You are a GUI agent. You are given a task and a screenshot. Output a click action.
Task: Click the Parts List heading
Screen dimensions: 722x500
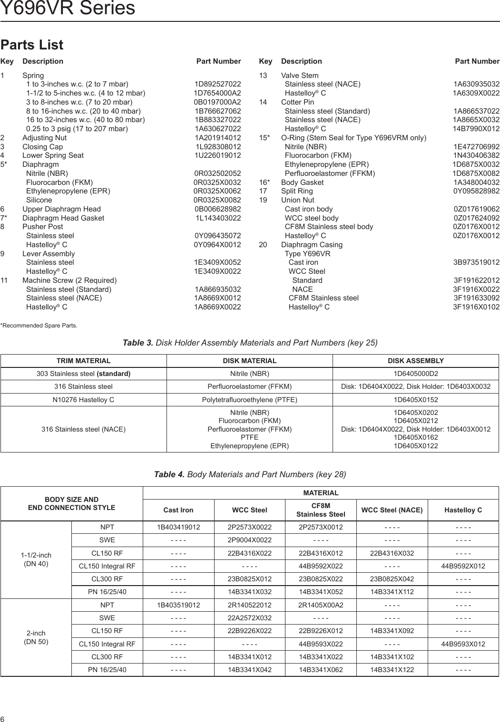pyautogui.click(x=31, y=45)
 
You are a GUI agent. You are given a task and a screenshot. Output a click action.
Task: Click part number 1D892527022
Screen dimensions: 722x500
pyautogui.click(x=217, y=84)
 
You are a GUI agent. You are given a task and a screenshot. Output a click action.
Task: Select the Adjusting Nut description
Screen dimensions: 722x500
pyautogui.click(x=45, y=138)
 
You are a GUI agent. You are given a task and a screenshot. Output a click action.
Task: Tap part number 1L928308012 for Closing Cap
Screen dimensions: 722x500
pyautogui.click(x=218, y=147)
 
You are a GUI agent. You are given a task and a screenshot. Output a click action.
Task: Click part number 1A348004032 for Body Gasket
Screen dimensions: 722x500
pyautogui.click(x=476, y=182)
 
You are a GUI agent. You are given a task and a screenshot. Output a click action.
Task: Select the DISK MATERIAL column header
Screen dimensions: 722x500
pyautogui.click(x=249, y=361)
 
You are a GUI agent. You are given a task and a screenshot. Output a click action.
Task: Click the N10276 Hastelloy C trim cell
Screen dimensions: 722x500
pyautogui.click(x=83, y=400)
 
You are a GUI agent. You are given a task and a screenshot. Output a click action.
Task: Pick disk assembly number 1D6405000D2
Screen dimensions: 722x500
pyautogui.click(x=416, y=374)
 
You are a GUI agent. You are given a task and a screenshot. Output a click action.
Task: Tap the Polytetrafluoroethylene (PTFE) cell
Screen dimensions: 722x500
pyautogui.click(x=249, y=400)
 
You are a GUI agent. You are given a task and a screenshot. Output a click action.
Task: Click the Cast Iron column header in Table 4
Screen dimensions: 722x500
pyautogui.click(x=178, y=510)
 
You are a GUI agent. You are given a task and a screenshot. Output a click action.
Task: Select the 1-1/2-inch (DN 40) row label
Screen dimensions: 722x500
pyautogui.click(x=36, y=559)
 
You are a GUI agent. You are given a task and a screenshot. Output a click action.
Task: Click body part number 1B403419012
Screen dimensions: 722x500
pyautogui.click(x=178, y=527)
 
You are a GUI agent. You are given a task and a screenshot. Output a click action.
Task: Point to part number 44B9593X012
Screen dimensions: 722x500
pyautogui.click(x=463, y=644)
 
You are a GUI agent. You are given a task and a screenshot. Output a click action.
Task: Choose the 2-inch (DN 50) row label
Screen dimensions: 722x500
pyautogui.click(x=36, y=637)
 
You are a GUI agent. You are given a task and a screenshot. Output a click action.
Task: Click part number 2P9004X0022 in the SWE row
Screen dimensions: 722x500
pyautogui.click(x=249, y=540)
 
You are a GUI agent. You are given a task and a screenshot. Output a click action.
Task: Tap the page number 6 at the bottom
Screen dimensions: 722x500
pyautogui.click(x=3, y=718)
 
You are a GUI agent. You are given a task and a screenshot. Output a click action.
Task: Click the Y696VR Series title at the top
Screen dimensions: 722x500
pyautogui.click(x=68, y=9)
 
